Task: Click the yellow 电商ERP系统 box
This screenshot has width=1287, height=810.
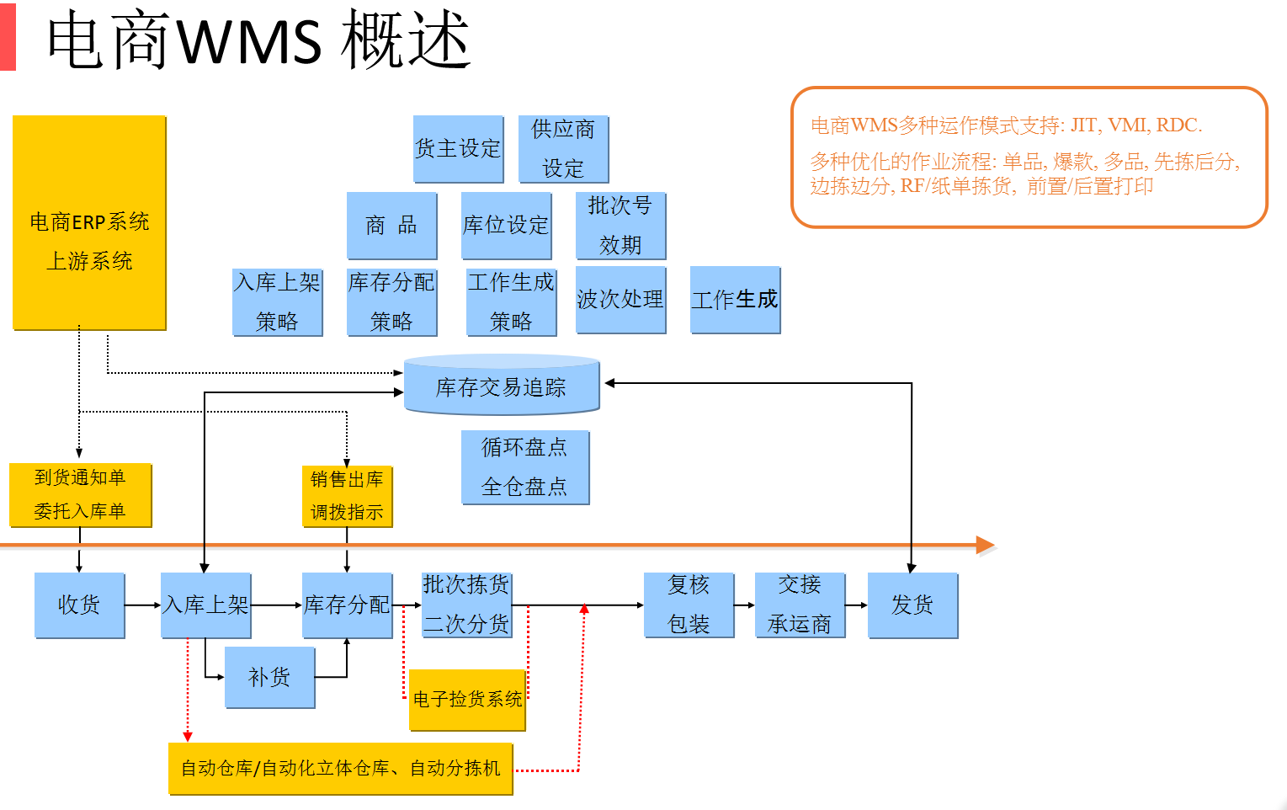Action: click(89, 223)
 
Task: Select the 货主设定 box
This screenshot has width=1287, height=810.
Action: click(458, 149)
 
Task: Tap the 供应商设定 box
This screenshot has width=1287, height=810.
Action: click(563, 149)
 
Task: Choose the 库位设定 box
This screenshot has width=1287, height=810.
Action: click(506, 226)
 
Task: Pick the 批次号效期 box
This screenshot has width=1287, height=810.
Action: click(620, 226)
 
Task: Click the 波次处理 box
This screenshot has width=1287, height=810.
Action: click(620, 300)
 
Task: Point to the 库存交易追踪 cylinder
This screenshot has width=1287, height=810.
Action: click(502, 386)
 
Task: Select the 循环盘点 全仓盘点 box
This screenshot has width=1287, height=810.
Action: click(524, 467)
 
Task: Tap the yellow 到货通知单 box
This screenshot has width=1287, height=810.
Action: click(80, 495)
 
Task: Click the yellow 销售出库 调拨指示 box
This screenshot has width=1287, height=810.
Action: click(347, 497)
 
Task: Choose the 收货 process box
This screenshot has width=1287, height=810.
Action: click(79, 605)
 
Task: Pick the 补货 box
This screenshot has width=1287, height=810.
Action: click(269, 677)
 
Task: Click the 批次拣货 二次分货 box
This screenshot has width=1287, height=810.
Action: click(466, 605)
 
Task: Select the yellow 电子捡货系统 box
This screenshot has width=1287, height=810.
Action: click(467, 700)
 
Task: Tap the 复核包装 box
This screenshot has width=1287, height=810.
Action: click(689, 605)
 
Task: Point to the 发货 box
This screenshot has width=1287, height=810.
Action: click(912, 605)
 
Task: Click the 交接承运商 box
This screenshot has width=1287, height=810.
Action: click(800, 605)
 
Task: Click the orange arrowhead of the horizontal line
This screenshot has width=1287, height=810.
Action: click(986, 546)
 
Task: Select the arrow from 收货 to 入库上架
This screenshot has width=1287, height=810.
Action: click(143, 605)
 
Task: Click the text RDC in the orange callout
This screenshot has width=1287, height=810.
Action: click(1177, 125)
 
